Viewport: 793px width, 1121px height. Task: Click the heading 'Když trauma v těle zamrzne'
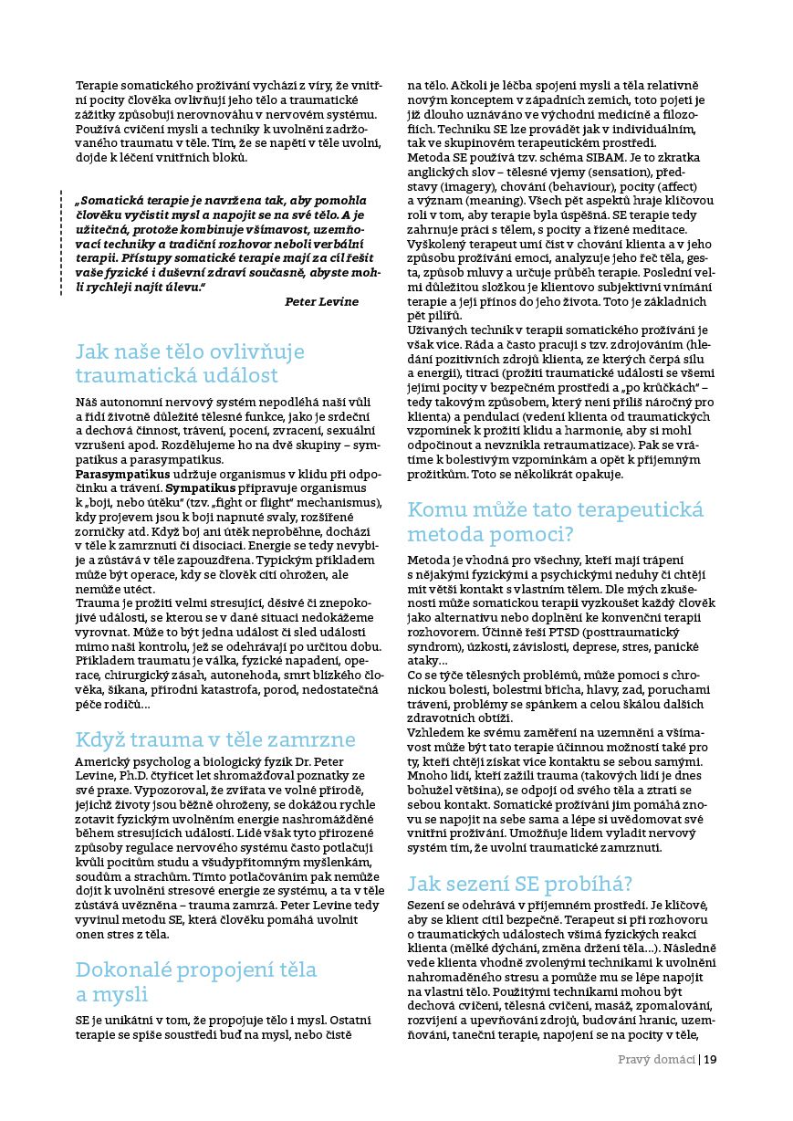215,739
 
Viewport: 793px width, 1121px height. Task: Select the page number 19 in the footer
711,1060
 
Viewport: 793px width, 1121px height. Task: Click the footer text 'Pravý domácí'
656,1060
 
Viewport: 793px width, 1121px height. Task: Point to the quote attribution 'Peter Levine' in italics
321,302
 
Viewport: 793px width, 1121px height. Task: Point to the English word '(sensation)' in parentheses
613,172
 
